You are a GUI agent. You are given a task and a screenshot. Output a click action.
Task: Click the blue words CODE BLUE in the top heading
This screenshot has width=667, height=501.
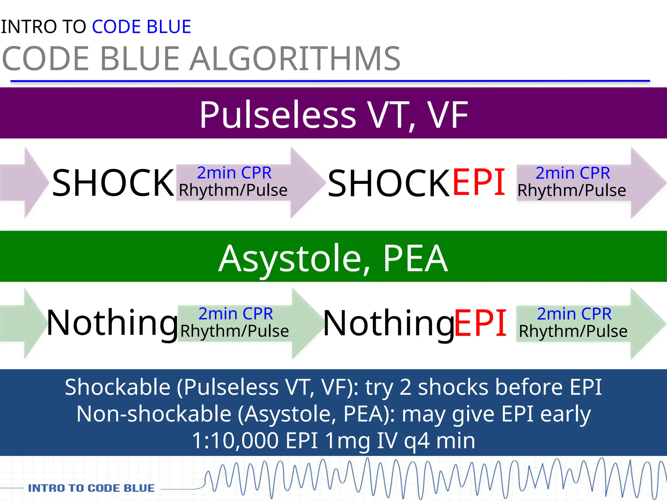pos(141,27)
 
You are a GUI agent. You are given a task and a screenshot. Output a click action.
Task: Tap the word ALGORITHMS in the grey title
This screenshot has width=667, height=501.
pos(295,59)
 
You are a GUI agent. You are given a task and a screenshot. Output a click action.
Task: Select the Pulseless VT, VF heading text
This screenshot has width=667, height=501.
pos(333,114)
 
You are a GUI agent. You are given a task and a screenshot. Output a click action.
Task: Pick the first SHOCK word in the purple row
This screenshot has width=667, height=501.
pos(113,183)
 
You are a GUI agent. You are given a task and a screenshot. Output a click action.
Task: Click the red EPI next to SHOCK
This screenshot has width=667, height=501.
pos(479,183)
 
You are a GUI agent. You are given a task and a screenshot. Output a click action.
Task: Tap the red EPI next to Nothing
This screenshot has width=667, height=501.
pos(480,323)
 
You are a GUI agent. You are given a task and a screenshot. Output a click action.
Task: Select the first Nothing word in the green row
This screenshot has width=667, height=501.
pos(112,323)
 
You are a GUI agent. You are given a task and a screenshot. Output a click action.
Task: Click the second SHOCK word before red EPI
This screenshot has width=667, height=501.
pos(389,183)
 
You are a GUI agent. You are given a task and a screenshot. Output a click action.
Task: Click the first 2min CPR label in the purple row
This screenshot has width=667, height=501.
pos(234,173)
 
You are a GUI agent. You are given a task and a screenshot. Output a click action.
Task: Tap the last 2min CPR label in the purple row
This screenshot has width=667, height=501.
pos(573,173)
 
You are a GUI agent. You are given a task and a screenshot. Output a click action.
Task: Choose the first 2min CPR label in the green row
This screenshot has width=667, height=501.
pos(235,314)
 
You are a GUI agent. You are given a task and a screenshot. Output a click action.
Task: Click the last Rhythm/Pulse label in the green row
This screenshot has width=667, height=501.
pos(573,331)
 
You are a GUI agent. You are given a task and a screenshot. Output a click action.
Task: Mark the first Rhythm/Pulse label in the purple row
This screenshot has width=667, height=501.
pos(233,190)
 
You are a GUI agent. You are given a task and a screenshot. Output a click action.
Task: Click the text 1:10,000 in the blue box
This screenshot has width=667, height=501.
pos(235,440)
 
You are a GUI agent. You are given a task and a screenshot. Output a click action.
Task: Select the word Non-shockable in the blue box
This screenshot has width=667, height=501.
pos(154,414)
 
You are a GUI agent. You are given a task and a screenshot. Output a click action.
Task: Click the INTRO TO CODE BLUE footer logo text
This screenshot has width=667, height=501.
pos(91,488)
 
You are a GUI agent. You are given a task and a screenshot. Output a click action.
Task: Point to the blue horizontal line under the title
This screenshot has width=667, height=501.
pos(330,81)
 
